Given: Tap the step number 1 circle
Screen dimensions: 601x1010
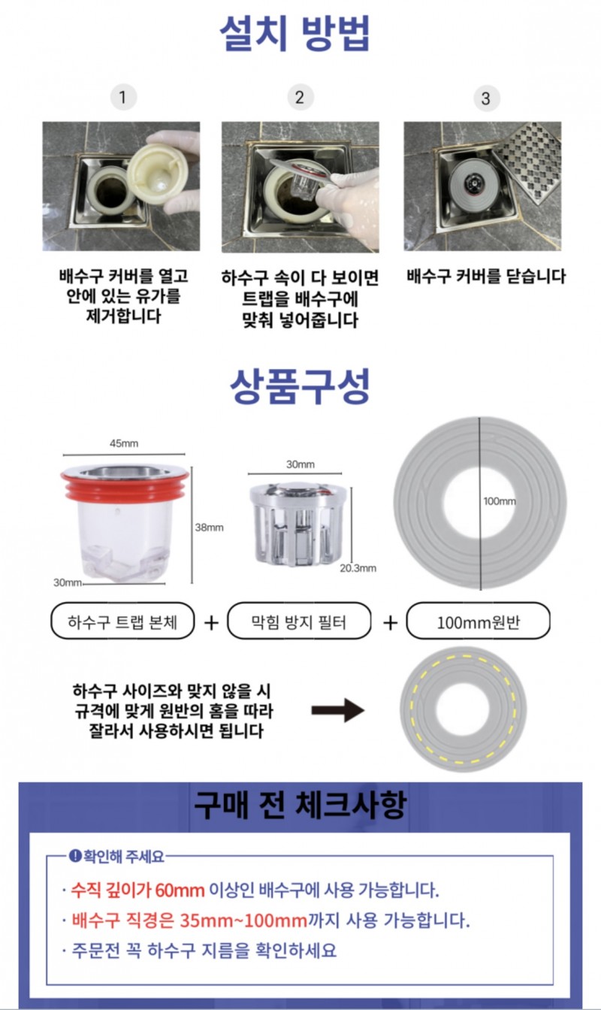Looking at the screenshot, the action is pyautogui.click(x=123, y=97).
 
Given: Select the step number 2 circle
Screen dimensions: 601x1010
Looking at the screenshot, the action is pyautogui.click(x=300, y=97).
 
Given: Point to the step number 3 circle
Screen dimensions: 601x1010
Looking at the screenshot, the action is pyautogui.click(x=486, y=98).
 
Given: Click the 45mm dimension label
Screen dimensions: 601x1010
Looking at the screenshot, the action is pyautogui.click(x=124, y=443).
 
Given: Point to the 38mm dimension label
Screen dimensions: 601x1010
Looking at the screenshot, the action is pyautogui.click(x=209, y=527).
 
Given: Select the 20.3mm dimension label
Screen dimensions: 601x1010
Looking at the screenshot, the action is pyautogui.click(x=358, y=568).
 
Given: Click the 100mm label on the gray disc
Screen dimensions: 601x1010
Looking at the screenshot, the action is pyautogui.click(x=500, y=501).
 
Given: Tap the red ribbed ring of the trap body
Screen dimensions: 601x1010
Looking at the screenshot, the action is pyautogui.click(x=125, y=487).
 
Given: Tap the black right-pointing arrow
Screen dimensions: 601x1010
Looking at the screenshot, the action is pyautogui.click(x=338, y=710).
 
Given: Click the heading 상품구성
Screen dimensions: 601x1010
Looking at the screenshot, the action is pyautogui.click(x=300, y=386).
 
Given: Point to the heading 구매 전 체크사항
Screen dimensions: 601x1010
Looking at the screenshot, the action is pyautogui.click(x=300, y=804).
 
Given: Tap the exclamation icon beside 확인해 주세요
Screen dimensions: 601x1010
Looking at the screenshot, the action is pyautogui.click(x=75, y=855).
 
